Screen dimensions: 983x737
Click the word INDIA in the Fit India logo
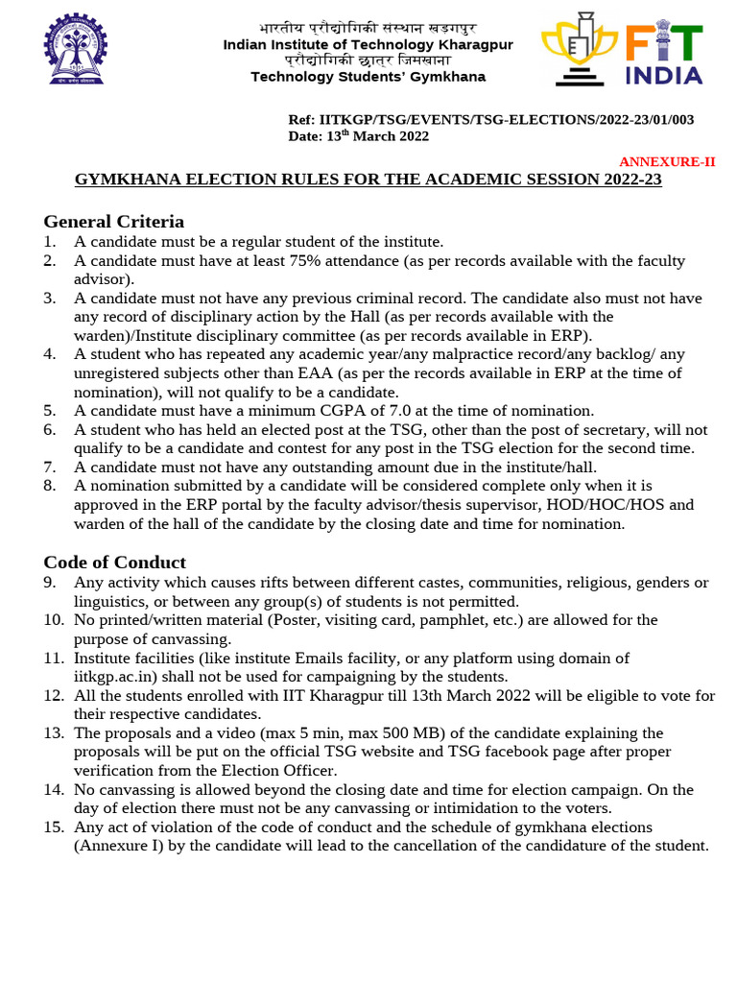click(x=664, y=75)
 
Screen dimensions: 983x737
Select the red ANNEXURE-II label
click(x=667, y=162)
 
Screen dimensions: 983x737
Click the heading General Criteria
click(x=114, y=221)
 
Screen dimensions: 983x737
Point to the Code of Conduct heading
click(x=115, y=562)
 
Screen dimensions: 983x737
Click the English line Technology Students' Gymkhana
click(x=368, y=77)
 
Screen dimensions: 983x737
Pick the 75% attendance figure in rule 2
click(x=285, y=261)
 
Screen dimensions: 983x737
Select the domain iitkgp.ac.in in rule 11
click(x=117, y=677)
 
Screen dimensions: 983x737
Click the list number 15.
click(x=52, y=827)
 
